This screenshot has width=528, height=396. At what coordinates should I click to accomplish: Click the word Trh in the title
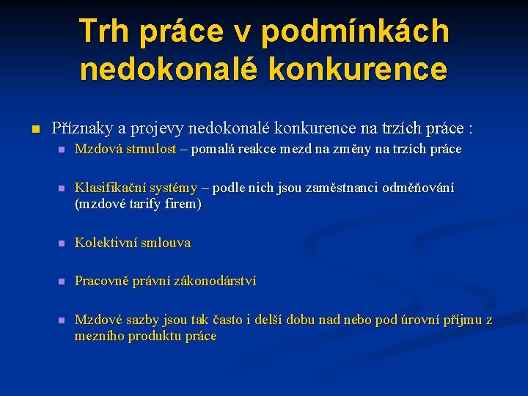pyautogui.click(x=106, y=31)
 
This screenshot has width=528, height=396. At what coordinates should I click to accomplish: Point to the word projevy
pyautogui.click(x=157, y=128)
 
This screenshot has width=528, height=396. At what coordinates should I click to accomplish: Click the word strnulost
pyautogui.click(x=150, y=149)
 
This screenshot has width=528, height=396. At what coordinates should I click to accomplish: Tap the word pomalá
pyautogui.click(x=213, y=149)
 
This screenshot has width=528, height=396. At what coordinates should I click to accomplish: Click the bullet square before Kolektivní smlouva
pyautogui.click(x=62, y=243)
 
